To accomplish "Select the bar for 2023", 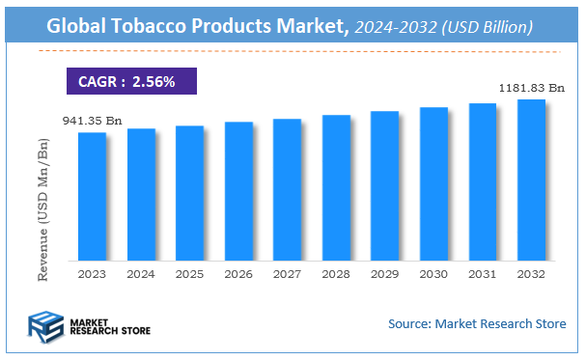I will pos(92,197).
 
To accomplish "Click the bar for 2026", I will pos(238,191).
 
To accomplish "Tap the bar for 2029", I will pos(384,186).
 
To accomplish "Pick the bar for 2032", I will pos(531,180).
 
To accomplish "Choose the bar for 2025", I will pos(189,193).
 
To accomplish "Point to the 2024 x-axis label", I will pos(141,274).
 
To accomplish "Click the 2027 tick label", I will pos(287,274).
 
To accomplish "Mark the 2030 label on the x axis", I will pos(433,274).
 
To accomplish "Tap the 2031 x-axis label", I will pos(483,274).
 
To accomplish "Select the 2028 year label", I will pos(336,274).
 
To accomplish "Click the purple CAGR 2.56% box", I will pos(131,82).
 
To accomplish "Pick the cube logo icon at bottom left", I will pos(43,325).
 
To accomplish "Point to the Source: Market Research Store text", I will pos(477,323).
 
